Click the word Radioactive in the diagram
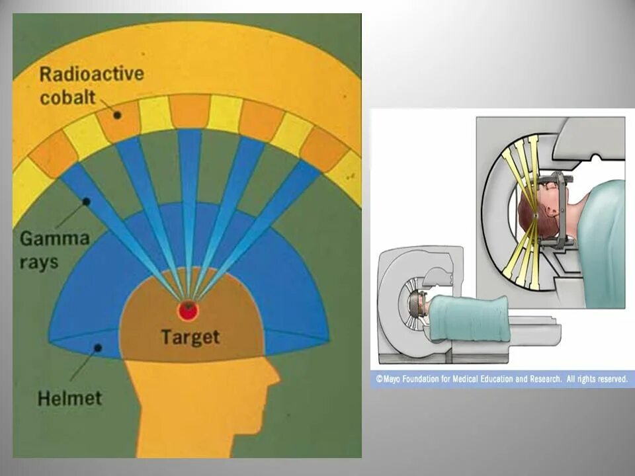click(91, 74)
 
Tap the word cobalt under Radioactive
click(67, 97)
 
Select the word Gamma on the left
click(54, 239)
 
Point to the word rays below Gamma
click(39, 262)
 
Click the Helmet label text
click(69, 398)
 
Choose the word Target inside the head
click(190, 337)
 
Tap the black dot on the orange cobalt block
click(117, 114)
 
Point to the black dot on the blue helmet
click(98, 346)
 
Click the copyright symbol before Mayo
click(380, 379)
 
